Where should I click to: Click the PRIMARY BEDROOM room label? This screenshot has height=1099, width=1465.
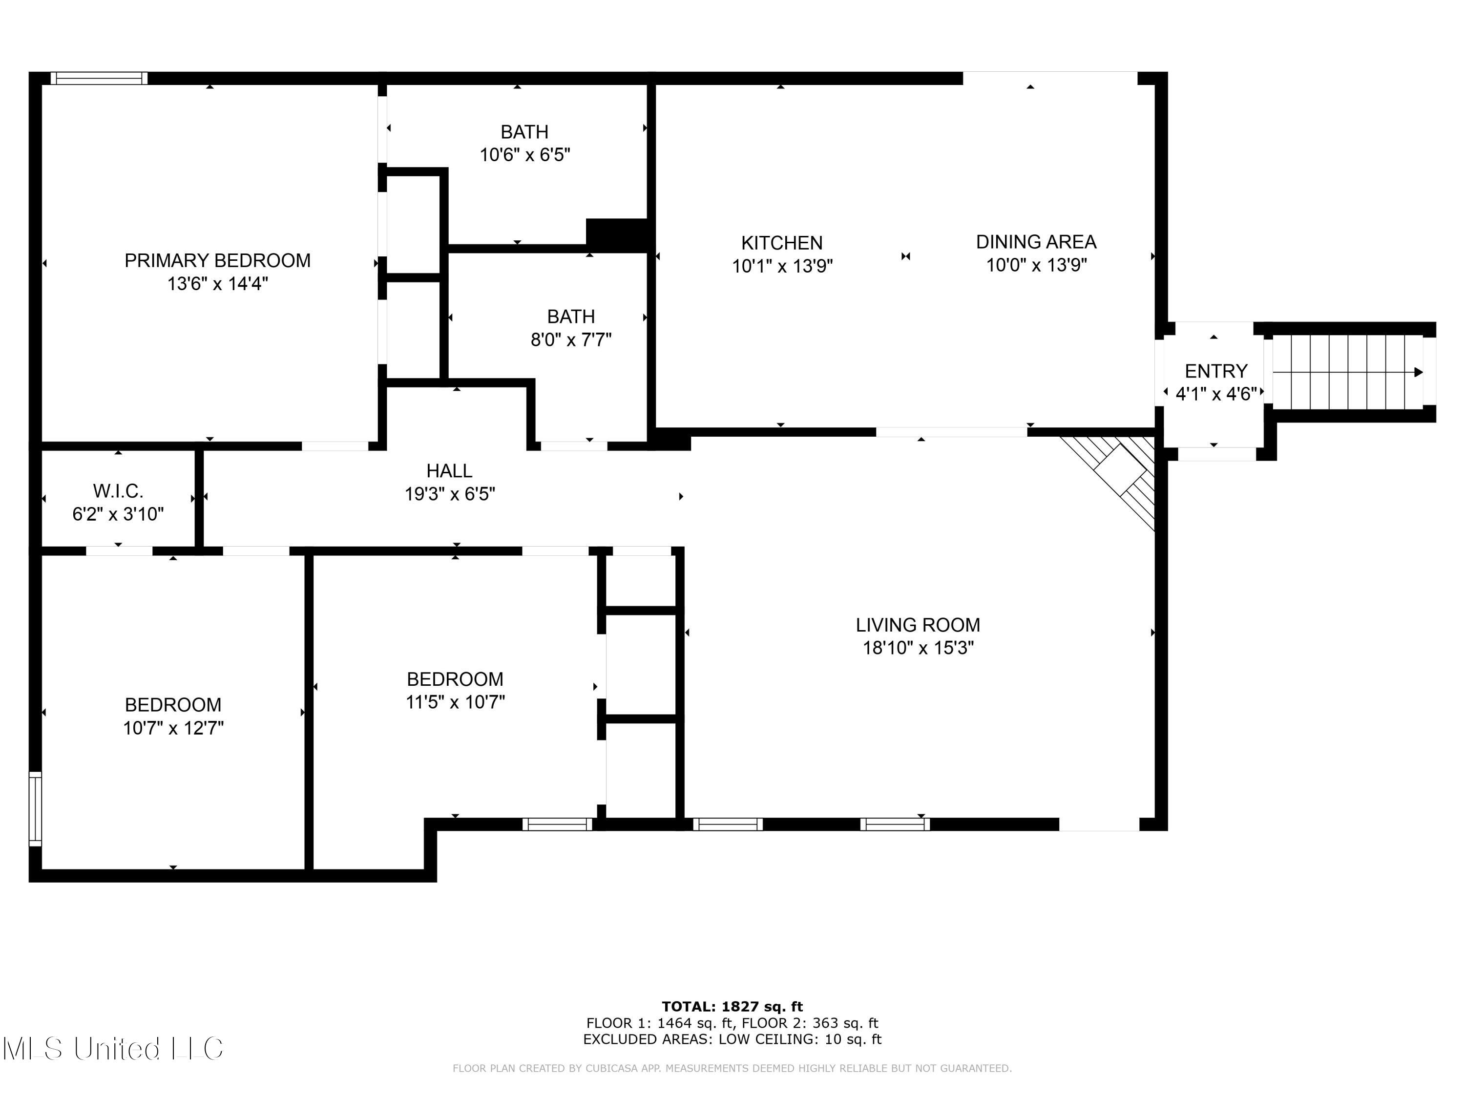pyautogui.click(x=217, y=260)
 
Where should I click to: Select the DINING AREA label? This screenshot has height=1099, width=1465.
pyautogui.click(x=1036, y=242)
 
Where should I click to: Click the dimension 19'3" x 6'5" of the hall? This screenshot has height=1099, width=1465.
pyautogui.click(x=450, y=493)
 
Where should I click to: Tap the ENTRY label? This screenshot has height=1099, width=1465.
pyautogui.click(x=1216, y=371)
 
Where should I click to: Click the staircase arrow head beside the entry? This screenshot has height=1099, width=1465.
pyautogui.click(x=1419, y=372)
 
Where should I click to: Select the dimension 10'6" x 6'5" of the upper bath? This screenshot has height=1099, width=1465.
pyautogui.click(x=524, y=155)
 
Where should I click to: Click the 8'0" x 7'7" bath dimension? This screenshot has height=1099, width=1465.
pyautogui.click(x=571, y=340)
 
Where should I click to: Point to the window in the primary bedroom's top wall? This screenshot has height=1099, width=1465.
pyautogui.click(x=99, y=78)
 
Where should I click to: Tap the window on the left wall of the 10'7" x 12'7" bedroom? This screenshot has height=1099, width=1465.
pyautogui.click(x=35, y=809)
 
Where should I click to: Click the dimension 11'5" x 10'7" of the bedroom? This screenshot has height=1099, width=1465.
pyautogui.click(x=455, y=701)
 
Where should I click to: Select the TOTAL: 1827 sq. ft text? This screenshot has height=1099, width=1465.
pyautogui.click(x=732, y=1007)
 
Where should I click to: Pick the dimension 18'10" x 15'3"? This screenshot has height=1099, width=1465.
pyautogui.click(x=918, y=648)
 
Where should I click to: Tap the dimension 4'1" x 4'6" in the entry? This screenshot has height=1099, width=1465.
pyautogui.click(x=1216, y=394)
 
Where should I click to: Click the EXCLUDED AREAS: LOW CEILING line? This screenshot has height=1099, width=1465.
pyautogui.click(x=732, y=1039)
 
